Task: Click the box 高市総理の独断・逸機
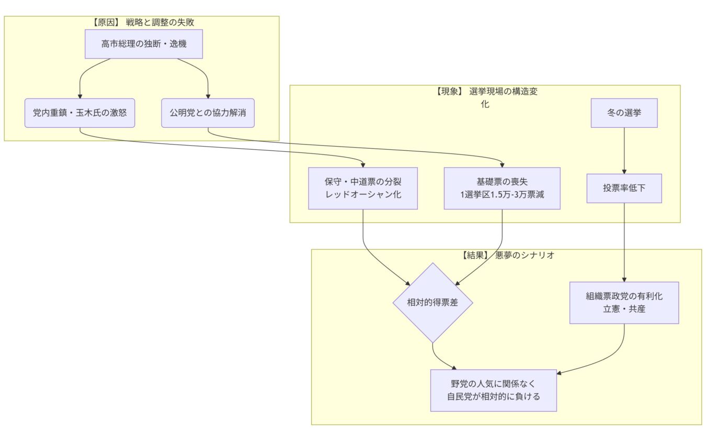pyautogui.click(x=144, y=44)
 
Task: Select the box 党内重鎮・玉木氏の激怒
pyautogui.click(x=80, y=113)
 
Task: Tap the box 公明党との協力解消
pyautogui.click(x=208, y=113)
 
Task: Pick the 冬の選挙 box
pyautogui.click(x=624, y=113)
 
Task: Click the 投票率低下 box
pyautogui.click(x=624, y=188)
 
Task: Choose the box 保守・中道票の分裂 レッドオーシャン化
pyautogui.click(x=363, y=188)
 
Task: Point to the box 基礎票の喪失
pyautogui.click(x=502, y=182)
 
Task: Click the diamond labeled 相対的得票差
pyautogui.click(x=432, y=302)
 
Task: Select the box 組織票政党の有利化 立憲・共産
pyautogui.click(x=624, y=302)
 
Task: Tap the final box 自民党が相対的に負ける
pyautogui.click(x=493, y=390)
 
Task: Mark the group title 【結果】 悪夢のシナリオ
pyautogui.click(x=506, y=256)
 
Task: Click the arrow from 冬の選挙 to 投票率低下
pyautogui.click(x=624, y=151)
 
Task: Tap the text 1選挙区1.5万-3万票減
pyautogui.click(x=502, y=194)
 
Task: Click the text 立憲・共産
pyautogui.click(x=624, y=309)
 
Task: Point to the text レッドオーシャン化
pyautogui.click(x=363, y=194)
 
